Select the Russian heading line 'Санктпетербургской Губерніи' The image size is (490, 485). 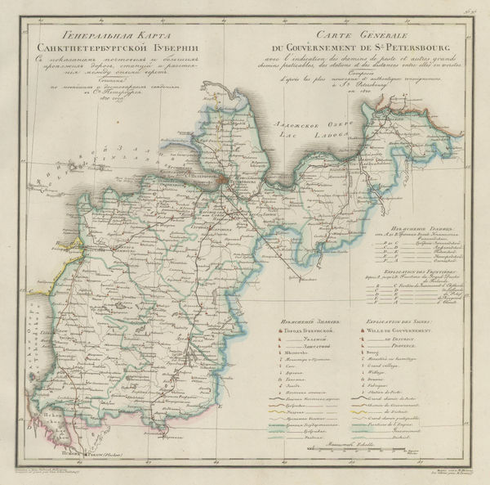click(106, 47)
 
